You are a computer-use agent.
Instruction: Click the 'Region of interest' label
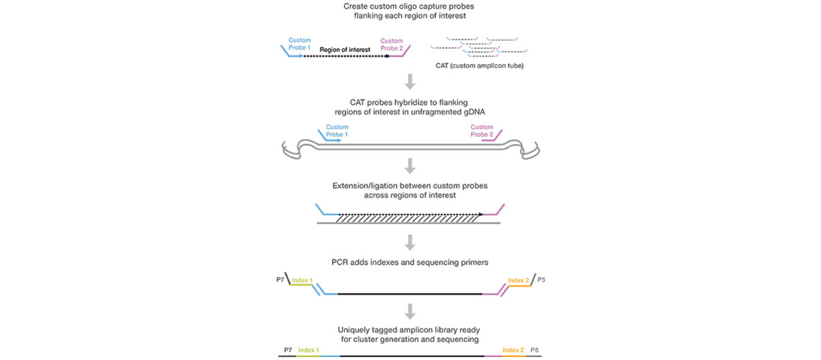pyautogui.click(x=345, y=50)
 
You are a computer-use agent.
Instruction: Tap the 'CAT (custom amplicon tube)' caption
pyautogui.click(x=480, y=66)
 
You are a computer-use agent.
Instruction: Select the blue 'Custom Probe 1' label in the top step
pyautogui.click(x=300, y=43)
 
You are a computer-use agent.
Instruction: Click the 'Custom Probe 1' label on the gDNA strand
pyautogui.click(x=337, y=131)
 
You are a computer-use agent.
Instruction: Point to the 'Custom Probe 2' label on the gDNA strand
pyautogui.click(x=482, y=131)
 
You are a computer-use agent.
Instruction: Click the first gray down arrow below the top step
pyautogui.click(x=410, y=81)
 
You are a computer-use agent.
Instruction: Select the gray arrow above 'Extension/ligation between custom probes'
pyautogui.click(x=410, y=166)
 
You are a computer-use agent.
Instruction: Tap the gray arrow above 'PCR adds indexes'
pyautogui.click(x=410, y=241)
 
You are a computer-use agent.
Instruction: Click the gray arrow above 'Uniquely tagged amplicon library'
pyautogui.click(x=410, y=310)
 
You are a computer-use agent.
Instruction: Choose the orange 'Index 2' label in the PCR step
pyautogui.click(x=517, y=279)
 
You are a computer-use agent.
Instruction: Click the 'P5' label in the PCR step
pyautogui.click(x=542, y=278)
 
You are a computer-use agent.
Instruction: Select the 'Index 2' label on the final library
pyautogui.click(x=513, y=349)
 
